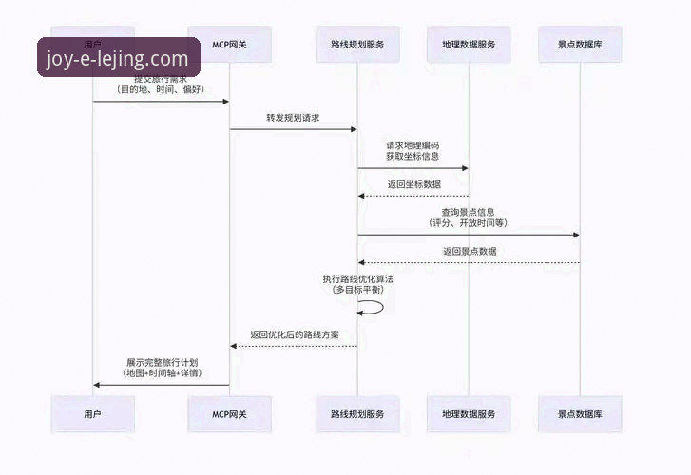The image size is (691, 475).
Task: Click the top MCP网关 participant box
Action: [x=229, y=45]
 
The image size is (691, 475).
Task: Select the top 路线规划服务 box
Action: [x=357, y=45]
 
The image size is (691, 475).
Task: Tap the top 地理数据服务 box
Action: [x=469, y=45]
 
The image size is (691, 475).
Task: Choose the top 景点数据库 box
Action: [x=581, y=45]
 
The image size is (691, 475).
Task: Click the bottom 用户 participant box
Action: [x=92, y=415]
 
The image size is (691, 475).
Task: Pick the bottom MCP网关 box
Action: [x=229, y=415]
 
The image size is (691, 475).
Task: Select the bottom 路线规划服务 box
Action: [x=357, y=415]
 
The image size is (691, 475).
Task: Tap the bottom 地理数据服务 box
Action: [x=469, y=415]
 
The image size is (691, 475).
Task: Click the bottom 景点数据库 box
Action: [x=581, y=415]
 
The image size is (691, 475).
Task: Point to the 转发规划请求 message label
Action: [x=293, y=118]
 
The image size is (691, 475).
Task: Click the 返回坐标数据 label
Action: [x=413, y=184]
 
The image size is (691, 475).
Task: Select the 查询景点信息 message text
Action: [x=468, y=212]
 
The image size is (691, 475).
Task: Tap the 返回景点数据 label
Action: [x=469, y=252]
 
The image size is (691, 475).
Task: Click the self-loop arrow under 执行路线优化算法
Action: [x=373, y=307]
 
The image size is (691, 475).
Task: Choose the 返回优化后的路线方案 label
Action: [x=295, y=335]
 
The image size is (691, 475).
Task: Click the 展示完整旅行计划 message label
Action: [x=162, y=363]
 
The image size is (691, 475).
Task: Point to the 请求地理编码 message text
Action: [x=413, y=145]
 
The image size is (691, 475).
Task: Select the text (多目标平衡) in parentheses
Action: [x=357, y=289]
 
